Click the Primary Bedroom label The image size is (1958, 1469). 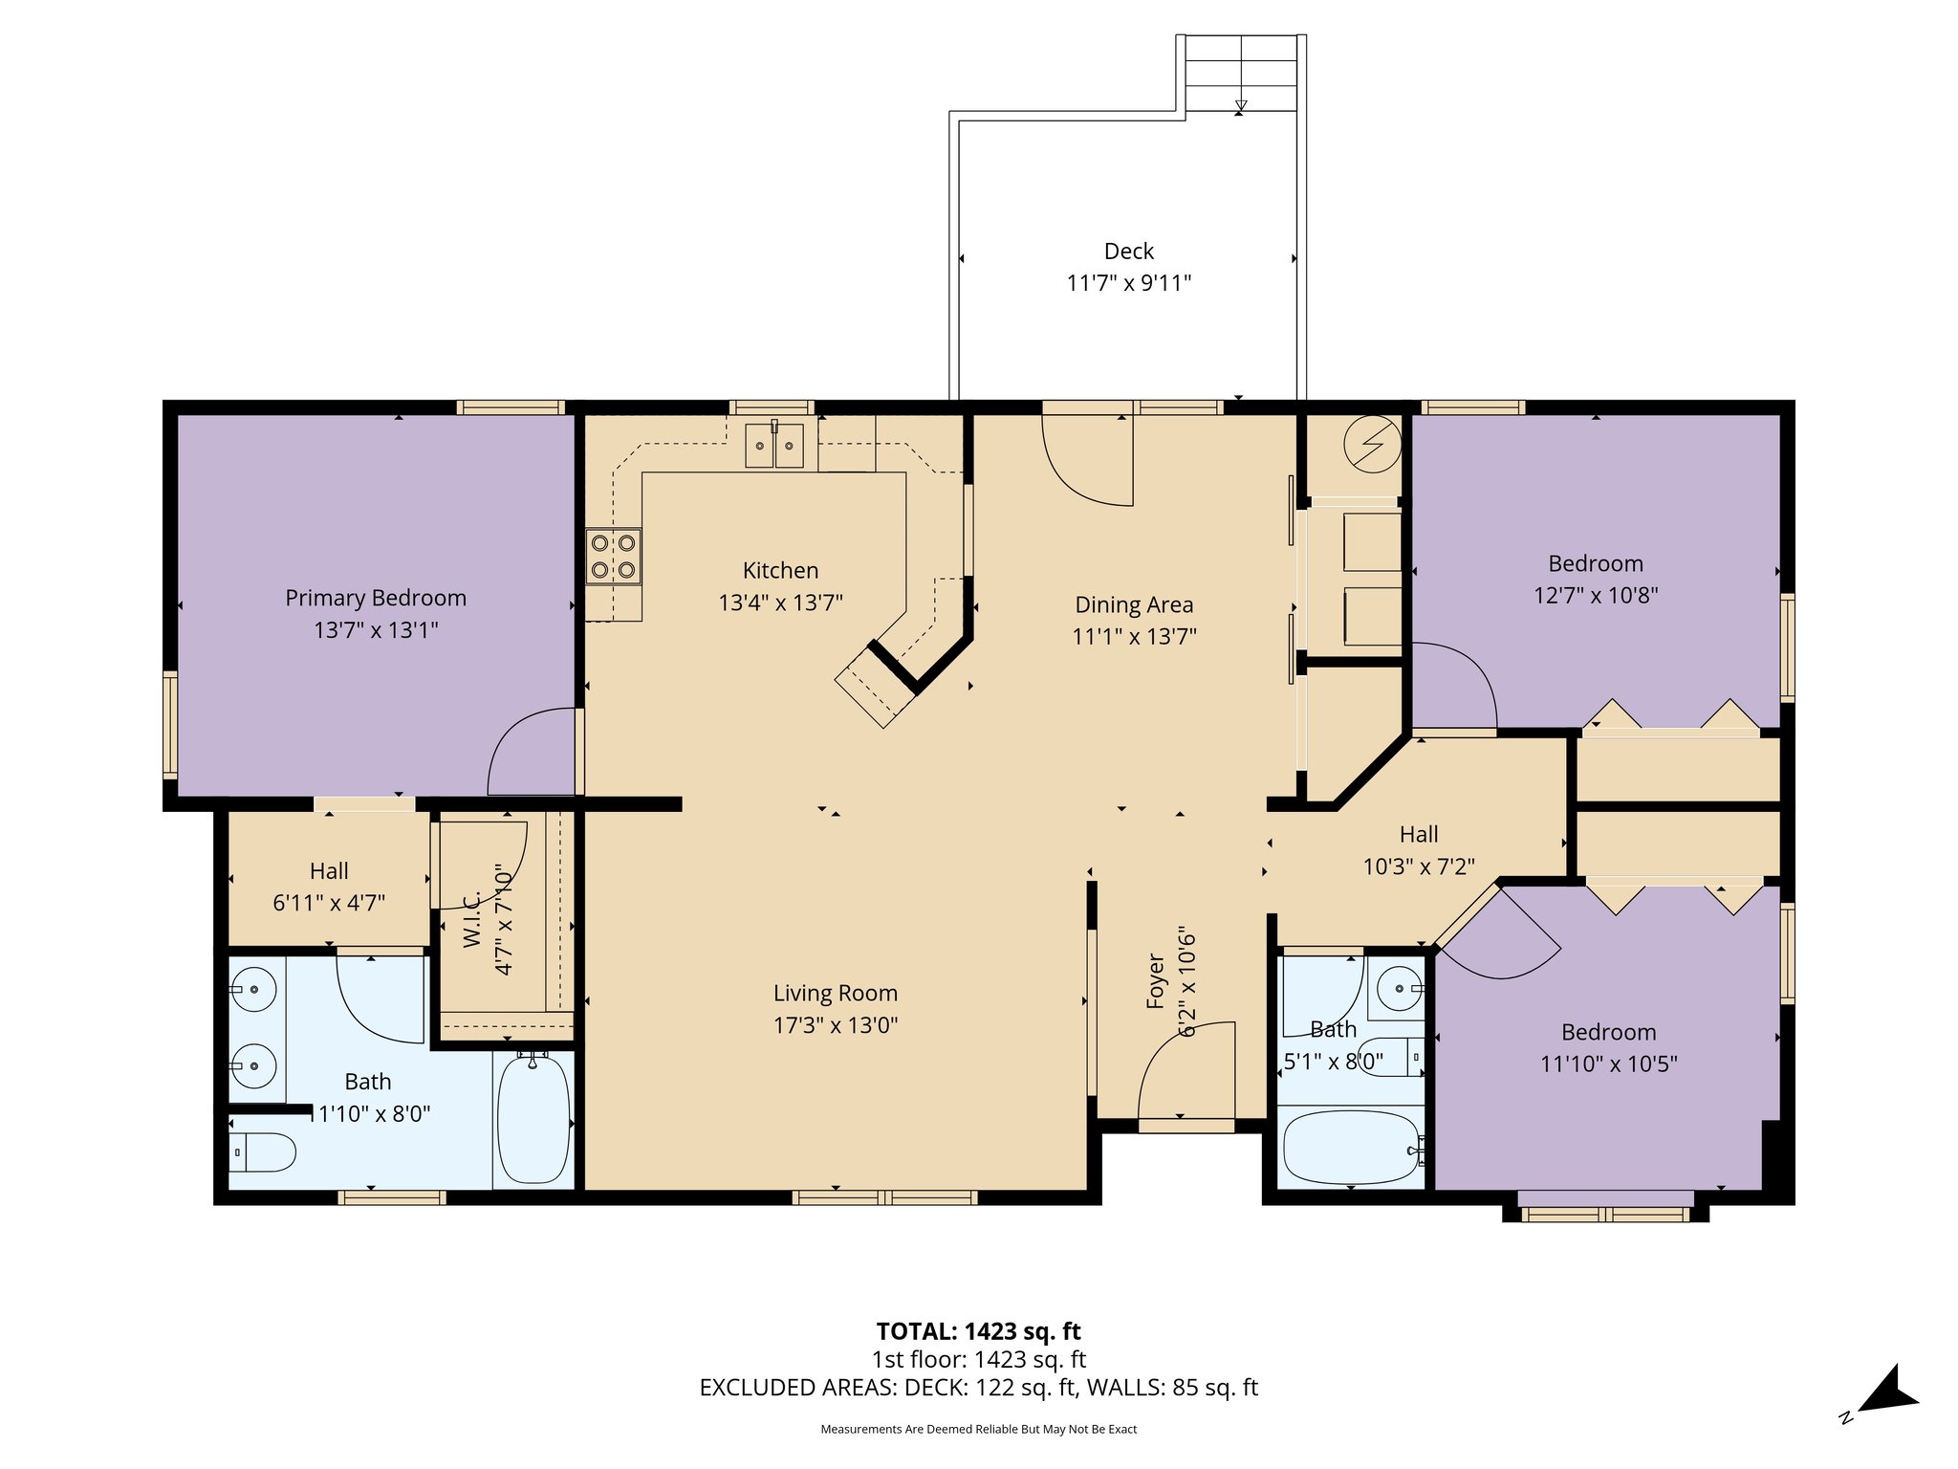click(376, 598)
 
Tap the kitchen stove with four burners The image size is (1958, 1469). click(613, 556)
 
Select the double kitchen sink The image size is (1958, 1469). click(774, 446)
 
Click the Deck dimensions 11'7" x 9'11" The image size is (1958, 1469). click(1129, 283)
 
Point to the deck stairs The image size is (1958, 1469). click(1240, 74)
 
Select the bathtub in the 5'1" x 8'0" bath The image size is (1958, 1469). click(1351, 1148)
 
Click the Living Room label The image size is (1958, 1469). click(835, 994)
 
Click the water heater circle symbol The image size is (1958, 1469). click(1372, 445)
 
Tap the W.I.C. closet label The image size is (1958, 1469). click(471, 920)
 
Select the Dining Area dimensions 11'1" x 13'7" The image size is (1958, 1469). click(1134, 637)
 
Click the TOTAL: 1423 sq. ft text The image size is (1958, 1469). click(978, 1331)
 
